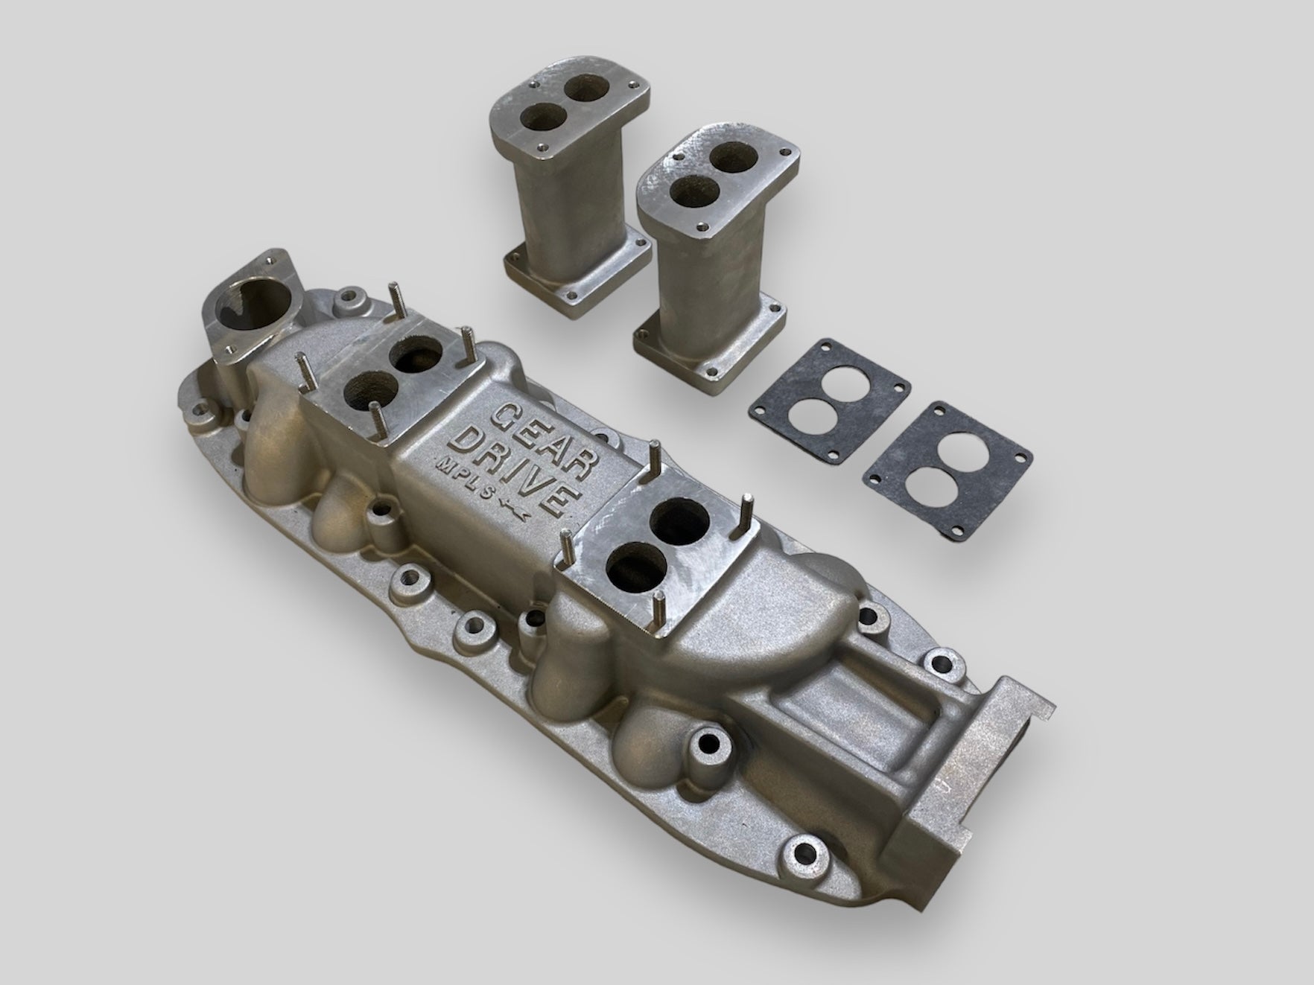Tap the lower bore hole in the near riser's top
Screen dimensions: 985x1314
691,192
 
